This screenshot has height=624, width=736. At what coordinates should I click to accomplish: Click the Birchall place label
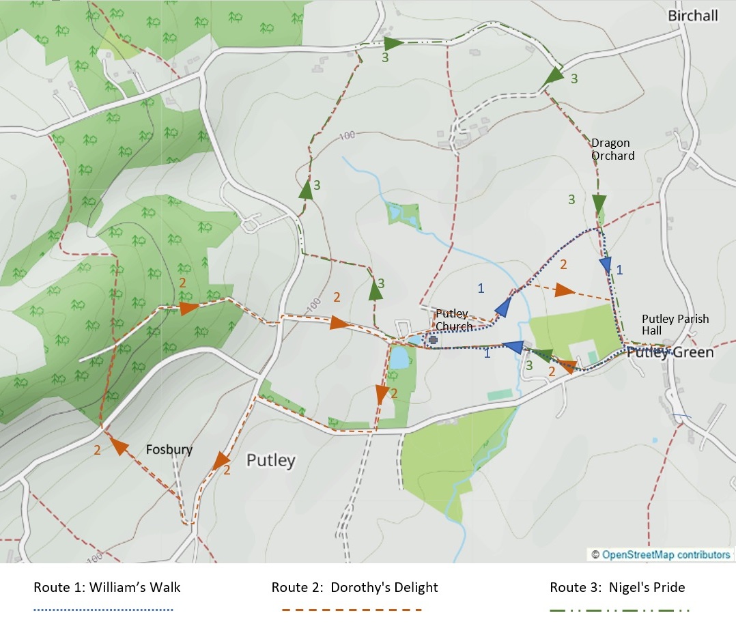(693, 16)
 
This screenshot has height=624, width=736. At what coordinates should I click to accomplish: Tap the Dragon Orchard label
(612, 150)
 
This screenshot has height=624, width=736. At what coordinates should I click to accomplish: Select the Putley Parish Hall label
(675, 325)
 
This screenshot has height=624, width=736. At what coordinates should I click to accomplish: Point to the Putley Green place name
(670, 352)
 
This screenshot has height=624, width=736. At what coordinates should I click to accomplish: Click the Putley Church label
(454, 320)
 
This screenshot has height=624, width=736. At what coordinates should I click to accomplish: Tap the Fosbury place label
(169, 450)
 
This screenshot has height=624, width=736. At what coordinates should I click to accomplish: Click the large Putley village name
(271, 460)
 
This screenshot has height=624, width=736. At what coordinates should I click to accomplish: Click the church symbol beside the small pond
(432, 339)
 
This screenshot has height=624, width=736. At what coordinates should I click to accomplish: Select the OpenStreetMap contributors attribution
(660, 554)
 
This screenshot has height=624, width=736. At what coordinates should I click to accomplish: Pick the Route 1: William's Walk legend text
(107, 587)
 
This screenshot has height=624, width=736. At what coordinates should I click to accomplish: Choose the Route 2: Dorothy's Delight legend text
(354, 587)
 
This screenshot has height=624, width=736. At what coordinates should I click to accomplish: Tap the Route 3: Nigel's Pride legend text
(617, 587)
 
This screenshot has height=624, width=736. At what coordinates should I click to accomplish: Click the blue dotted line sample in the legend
(104, 609)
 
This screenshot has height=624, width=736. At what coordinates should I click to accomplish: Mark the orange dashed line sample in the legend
(352, 609)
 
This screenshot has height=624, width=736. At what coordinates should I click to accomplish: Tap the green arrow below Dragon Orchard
(599, 203)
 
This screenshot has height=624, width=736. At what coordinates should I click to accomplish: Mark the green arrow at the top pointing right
(393, 42)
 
